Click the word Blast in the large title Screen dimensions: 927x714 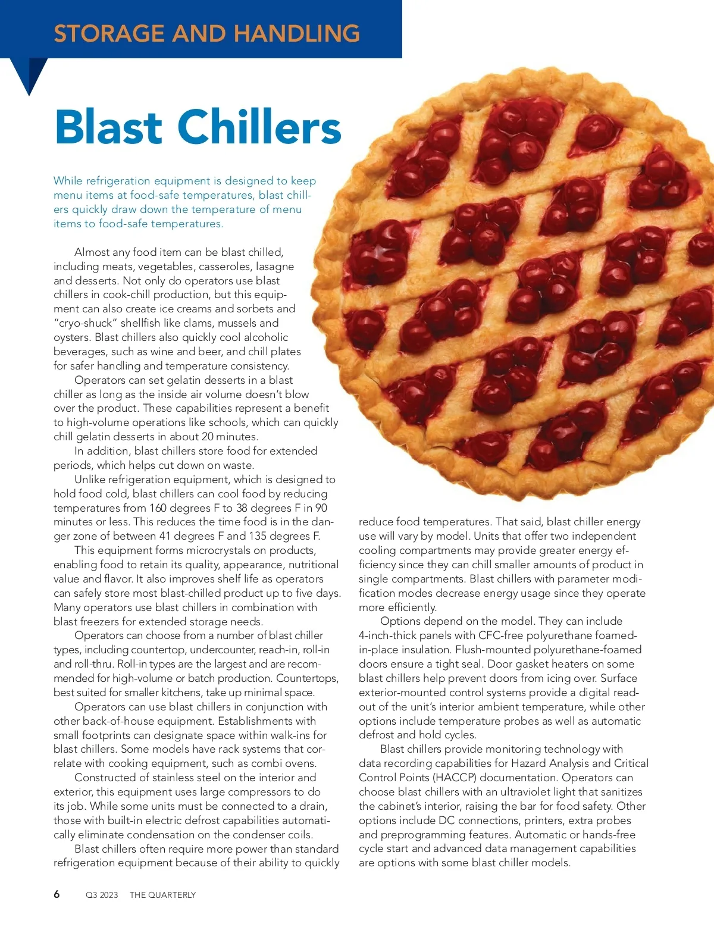(108, 127)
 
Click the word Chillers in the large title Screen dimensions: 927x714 (259, 127)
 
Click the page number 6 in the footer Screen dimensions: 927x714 (57, 894)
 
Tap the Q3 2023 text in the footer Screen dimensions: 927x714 (102, 895)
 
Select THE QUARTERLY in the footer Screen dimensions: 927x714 (162, 895)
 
